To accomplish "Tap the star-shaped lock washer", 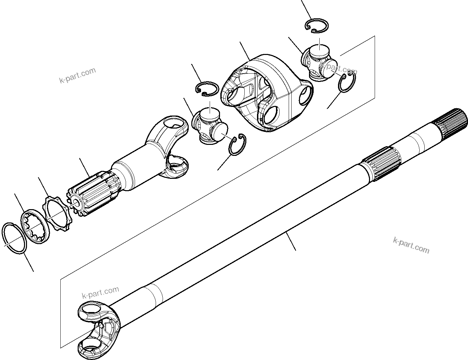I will [56, 214].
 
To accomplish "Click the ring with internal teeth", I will [36, 227].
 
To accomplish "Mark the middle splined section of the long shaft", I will [382, 164].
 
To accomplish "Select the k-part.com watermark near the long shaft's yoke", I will [100, 293].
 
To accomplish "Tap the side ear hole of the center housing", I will [305, 96].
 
